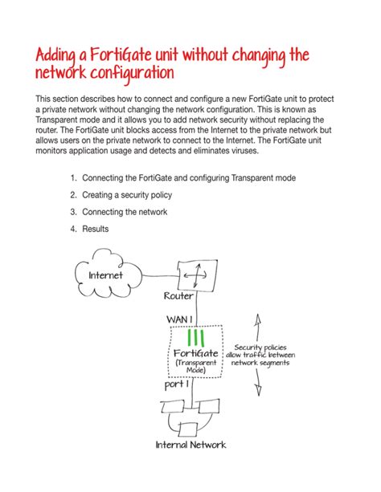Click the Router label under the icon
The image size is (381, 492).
tap(178, 296)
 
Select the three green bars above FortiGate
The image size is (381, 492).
tap(195, 338)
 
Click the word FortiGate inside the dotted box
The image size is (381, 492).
tap(195, 355)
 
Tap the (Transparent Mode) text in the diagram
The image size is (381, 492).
tap(195, 367)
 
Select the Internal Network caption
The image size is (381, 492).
tap(190, 445)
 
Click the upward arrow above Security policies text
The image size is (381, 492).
tap(257, 325)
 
